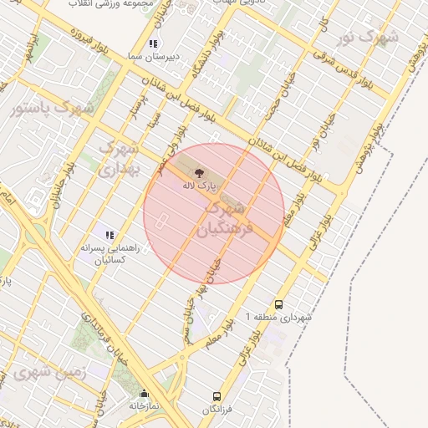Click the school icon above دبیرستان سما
click(x=152, y=43)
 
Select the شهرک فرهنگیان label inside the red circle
click(x=221, y=220)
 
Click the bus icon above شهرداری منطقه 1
click(x=278, y=305)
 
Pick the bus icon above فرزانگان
click(x=217, y=395)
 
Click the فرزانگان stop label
click(x=217, y=409)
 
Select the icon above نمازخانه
click(x=144, y=394)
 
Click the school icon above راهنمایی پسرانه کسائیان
click(x=110, y=236)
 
